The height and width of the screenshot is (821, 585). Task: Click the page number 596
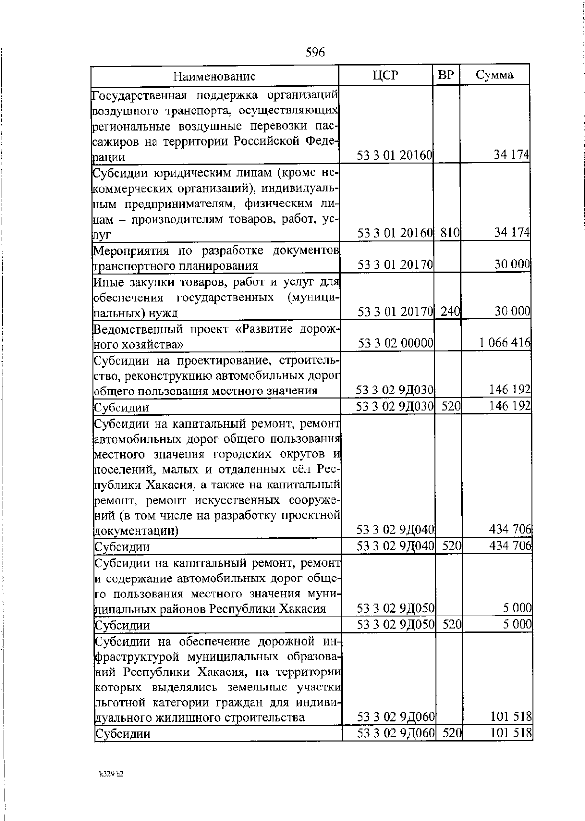(x=315, y=52)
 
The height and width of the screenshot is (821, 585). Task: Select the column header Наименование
(x=214, y=76)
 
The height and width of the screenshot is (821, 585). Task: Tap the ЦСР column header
(x=385, y=75)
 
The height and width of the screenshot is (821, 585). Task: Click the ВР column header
(x=446, y=75)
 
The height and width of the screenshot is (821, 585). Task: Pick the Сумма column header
(x=494, y=75)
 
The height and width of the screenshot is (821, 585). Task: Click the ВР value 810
(x=449, y=233)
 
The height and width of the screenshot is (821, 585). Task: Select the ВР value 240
(x=450, y=312)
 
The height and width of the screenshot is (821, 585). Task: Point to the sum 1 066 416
(x=505, y=343)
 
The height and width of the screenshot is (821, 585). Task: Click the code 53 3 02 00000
(x=396, y=343)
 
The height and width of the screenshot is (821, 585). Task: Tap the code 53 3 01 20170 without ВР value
(x=395, y=265)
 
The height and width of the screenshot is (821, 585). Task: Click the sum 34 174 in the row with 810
(x=512, y=233)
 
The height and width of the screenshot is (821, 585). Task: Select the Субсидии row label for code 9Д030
(x=121, y=408)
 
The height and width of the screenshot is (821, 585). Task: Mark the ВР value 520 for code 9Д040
(x=451, y=546)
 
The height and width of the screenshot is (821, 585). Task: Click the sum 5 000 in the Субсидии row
(x=517, y=624)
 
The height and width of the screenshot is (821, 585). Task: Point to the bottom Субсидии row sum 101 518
(x=511, y=733)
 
